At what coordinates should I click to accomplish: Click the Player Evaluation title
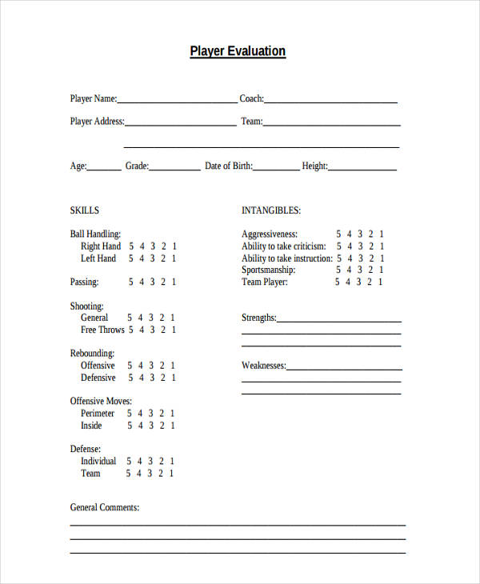[x=238, y=51]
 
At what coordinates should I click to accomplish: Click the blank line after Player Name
[x=177, y=101]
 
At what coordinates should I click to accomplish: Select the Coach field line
[x=330, y=101]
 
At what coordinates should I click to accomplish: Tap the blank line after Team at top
[x=331, y=123]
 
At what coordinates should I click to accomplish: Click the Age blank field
[x=104, y=168]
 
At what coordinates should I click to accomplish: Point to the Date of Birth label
[x=229, y=166]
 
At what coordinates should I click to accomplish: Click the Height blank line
[x=362, y=168]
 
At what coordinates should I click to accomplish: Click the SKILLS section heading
[x=85, y=210]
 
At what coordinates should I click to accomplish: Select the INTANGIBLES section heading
[x=271, y=210]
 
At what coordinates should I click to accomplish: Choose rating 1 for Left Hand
[x=174, y=258]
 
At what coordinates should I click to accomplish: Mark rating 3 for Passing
[x=153, y=282]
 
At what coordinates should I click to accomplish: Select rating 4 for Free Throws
[x=142, y=330]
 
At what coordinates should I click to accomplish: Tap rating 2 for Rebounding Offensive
[x=163, y=366]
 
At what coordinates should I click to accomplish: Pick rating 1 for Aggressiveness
[x=382, y=234]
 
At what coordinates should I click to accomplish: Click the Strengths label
[x=259, y=318]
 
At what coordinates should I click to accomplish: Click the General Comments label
[x=105, y=507]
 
